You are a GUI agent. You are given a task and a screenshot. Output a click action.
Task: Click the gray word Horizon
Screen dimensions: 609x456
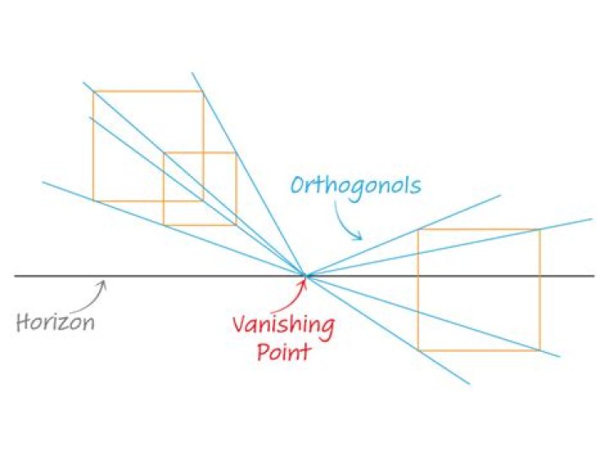(x=55, y=321)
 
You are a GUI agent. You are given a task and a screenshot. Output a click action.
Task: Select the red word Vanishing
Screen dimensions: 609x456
(x=283, y=326)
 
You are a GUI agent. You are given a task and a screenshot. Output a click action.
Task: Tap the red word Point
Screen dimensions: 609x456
(x=284, y=351)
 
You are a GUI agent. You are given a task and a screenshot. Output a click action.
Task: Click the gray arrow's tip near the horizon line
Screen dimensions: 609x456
(x=104, y=281)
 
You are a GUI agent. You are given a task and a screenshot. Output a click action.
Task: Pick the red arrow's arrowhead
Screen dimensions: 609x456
(x=304, y=281)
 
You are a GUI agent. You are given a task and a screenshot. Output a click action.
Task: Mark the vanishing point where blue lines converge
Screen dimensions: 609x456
(x=305, y=276)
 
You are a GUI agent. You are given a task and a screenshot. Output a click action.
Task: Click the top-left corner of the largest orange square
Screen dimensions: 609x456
(x=94, y=91)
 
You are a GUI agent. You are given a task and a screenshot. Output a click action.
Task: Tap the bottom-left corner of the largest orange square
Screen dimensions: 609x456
(x=94, y=201)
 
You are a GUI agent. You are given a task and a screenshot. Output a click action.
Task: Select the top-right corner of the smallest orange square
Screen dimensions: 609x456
(x=236, y=152)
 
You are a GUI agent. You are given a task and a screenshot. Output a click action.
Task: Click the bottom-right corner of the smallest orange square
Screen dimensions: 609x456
(x=236, y=224)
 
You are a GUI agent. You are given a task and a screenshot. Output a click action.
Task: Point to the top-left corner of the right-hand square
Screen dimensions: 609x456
(x=419, y=229)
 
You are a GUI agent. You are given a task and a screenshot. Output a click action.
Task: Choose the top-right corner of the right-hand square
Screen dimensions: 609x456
(x=540, y=229)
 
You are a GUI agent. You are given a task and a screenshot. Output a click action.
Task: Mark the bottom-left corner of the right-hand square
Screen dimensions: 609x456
(x=419, y=350)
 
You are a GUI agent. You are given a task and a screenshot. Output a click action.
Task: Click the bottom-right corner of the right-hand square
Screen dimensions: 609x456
(x=540, y=350)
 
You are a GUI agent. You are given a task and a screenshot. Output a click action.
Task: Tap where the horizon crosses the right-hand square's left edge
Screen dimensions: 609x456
(x=419, y=276)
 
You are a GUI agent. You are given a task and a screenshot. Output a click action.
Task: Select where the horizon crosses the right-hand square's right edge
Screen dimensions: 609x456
(x=540, y=276)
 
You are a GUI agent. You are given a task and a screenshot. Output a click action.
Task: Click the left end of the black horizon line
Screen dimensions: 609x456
(x=15, y=276)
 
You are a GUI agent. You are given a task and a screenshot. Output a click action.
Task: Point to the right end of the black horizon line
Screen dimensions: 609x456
(x=595, y=276)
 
